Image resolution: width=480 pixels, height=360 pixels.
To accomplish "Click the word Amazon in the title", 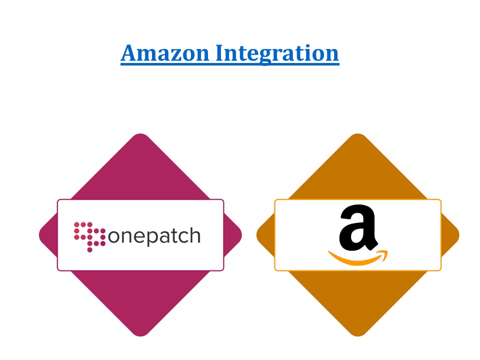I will pos(165,53).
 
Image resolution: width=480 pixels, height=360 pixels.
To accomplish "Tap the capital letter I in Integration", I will pos(220,53).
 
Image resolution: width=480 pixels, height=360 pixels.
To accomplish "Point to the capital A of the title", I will pos(129,53).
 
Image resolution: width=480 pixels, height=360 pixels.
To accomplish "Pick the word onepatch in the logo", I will pos(154,236).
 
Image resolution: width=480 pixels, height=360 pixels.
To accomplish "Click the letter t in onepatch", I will pos(170,235).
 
